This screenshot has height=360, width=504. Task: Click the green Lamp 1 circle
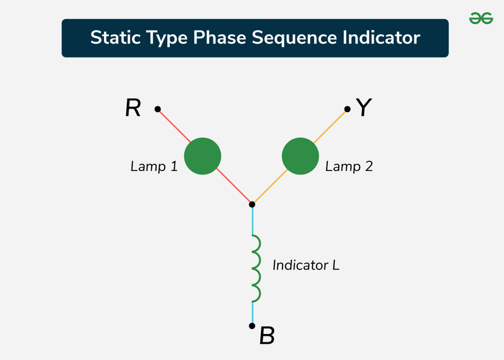[x=202, y=156]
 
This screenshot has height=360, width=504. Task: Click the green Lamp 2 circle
[x=300, y=156]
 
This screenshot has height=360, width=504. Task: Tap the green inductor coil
[x=256, y=269]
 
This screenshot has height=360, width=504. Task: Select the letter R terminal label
[x=133, y=108]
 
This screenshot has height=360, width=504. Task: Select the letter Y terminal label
[x=364, y=107]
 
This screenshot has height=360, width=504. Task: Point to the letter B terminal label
[x=267, y=335]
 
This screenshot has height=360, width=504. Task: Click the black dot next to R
[x=157, y=109]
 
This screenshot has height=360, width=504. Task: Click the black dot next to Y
[x=347, y=109]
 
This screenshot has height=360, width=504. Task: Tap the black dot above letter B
[x=252, y=326]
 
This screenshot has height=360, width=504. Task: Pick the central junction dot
[x=252, y=204]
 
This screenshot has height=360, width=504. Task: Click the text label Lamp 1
[x=154, y=166]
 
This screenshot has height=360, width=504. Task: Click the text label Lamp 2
[x=349, y=166]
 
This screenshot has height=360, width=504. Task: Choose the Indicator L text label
[x=306, y=265]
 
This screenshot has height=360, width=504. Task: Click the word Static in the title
[x=116, y=37]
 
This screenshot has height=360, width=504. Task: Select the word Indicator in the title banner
[x=381, y=37]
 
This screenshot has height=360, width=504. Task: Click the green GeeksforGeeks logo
[x=481, y=18]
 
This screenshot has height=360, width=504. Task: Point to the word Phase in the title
[x=220, y=37]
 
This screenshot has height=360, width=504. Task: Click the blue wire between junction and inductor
[x=252, y=221]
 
